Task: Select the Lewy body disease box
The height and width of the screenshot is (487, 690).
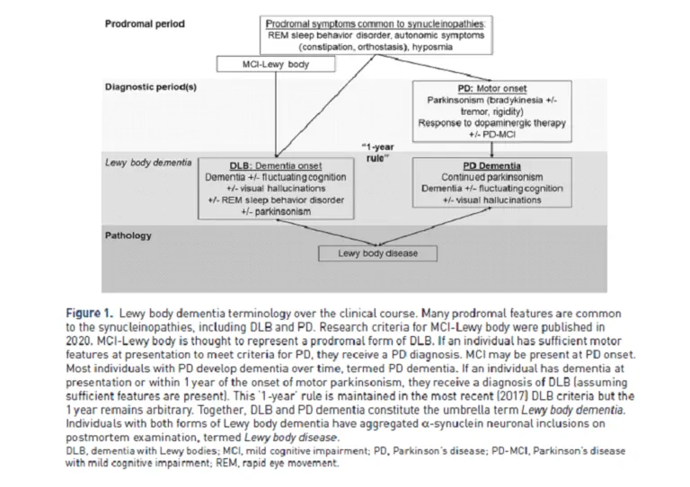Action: pos(377,253)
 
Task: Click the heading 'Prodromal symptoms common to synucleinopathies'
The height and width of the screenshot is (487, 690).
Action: pos(376,22)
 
